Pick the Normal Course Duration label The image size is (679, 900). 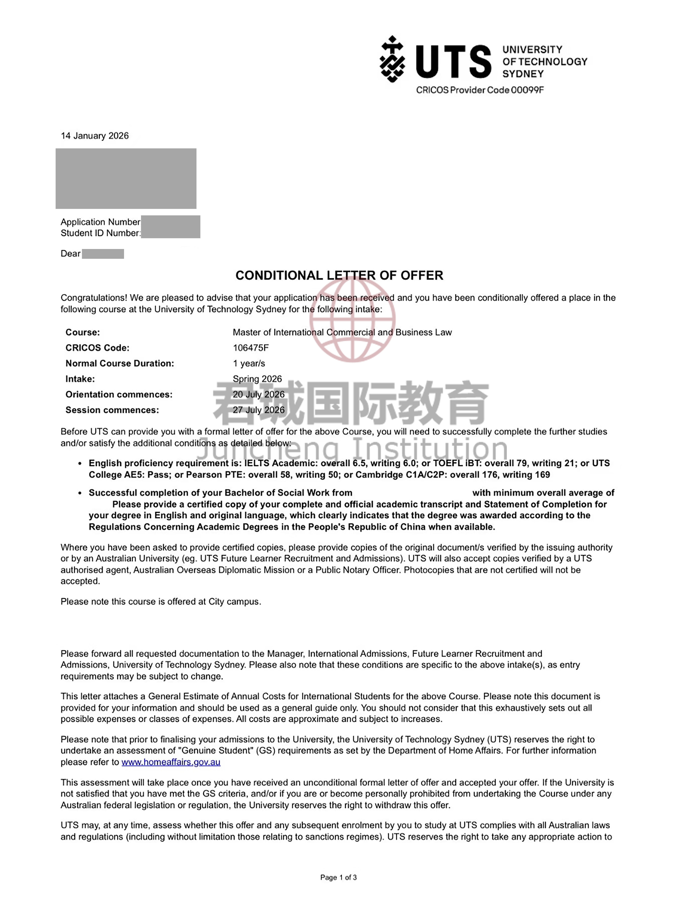point(120,363)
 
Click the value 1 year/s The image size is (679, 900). point(249,363)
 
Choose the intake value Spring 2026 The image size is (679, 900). point(257,379)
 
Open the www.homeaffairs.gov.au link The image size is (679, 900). point(171,762)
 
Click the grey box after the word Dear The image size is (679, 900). point(103,254)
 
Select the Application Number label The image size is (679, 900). point(100,222)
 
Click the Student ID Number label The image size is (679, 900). point(100,233)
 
